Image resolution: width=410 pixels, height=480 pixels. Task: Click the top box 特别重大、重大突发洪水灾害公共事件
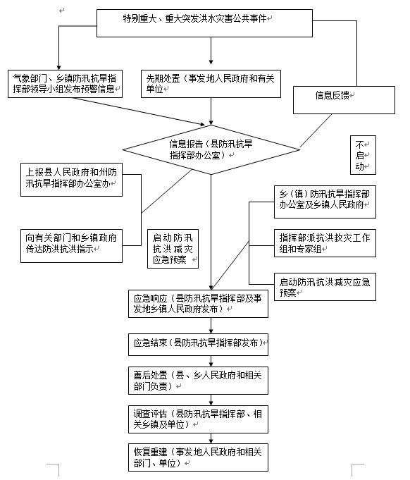pos(204,23)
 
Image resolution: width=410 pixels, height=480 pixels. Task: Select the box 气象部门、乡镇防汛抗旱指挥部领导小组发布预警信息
pos(66,84)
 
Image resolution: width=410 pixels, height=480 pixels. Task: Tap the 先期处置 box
pos(211,84)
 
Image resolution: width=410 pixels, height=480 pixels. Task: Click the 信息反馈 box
pos(344,100)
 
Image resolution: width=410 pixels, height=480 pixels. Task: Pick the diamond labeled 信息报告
pos(211,149)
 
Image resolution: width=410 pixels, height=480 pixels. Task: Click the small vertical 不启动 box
pos(363,155)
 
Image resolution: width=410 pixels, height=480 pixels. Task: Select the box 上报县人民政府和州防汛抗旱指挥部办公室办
pos(71,180)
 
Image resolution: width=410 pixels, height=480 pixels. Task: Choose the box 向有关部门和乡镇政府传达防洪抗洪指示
pos(71,246)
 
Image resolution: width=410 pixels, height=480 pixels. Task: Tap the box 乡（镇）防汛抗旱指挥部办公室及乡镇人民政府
pos(325,202)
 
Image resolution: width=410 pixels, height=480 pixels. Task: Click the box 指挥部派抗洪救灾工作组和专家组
pos(325,243)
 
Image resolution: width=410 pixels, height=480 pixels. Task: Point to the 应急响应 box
pos(198,304)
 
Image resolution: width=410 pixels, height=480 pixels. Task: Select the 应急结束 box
pos(198,345)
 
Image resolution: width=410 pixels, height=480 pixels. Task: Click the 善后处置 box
pos(198,381)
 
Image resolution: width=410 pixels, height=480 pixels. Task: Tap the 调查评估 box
pos(198,419)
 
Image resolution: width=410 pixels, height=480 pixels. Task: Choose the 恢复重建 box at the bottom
pos(198,457)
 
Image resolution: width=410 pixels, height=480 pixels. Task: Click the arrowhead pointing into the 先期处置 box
pos(211,62)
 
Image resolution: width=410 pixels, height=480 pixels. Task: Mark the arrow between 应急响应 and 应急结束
pos(211,326)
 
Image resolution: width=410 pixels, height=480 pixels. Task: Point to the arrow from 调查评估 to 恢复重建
pos(211,438)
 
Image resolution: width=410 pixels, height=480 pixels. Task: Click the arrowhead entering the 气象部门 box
pos(58,68)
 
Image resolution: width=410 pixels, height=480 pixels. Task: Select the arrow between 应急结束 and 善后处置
pos(211,361)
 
